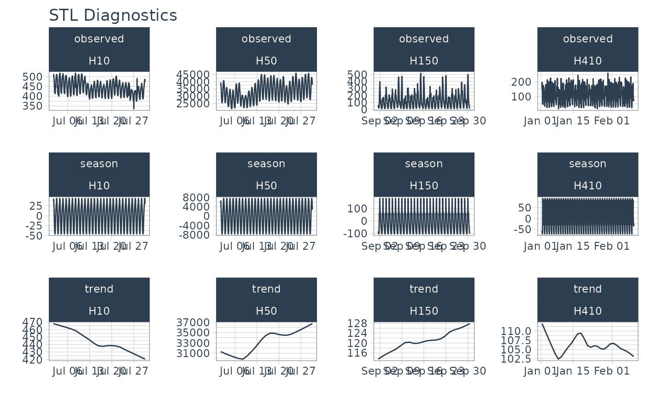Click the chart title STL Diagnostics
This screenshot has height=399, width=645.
tap(113, 16)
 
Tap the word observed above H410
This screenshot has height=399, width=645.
tap(588, 39)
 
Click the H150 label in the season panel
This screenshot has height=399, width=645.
tap(424, 186)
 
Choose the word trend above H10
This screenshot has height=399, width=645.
tap(99, 289)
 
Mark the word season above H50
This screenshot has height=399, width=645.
tap(266, 164)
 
